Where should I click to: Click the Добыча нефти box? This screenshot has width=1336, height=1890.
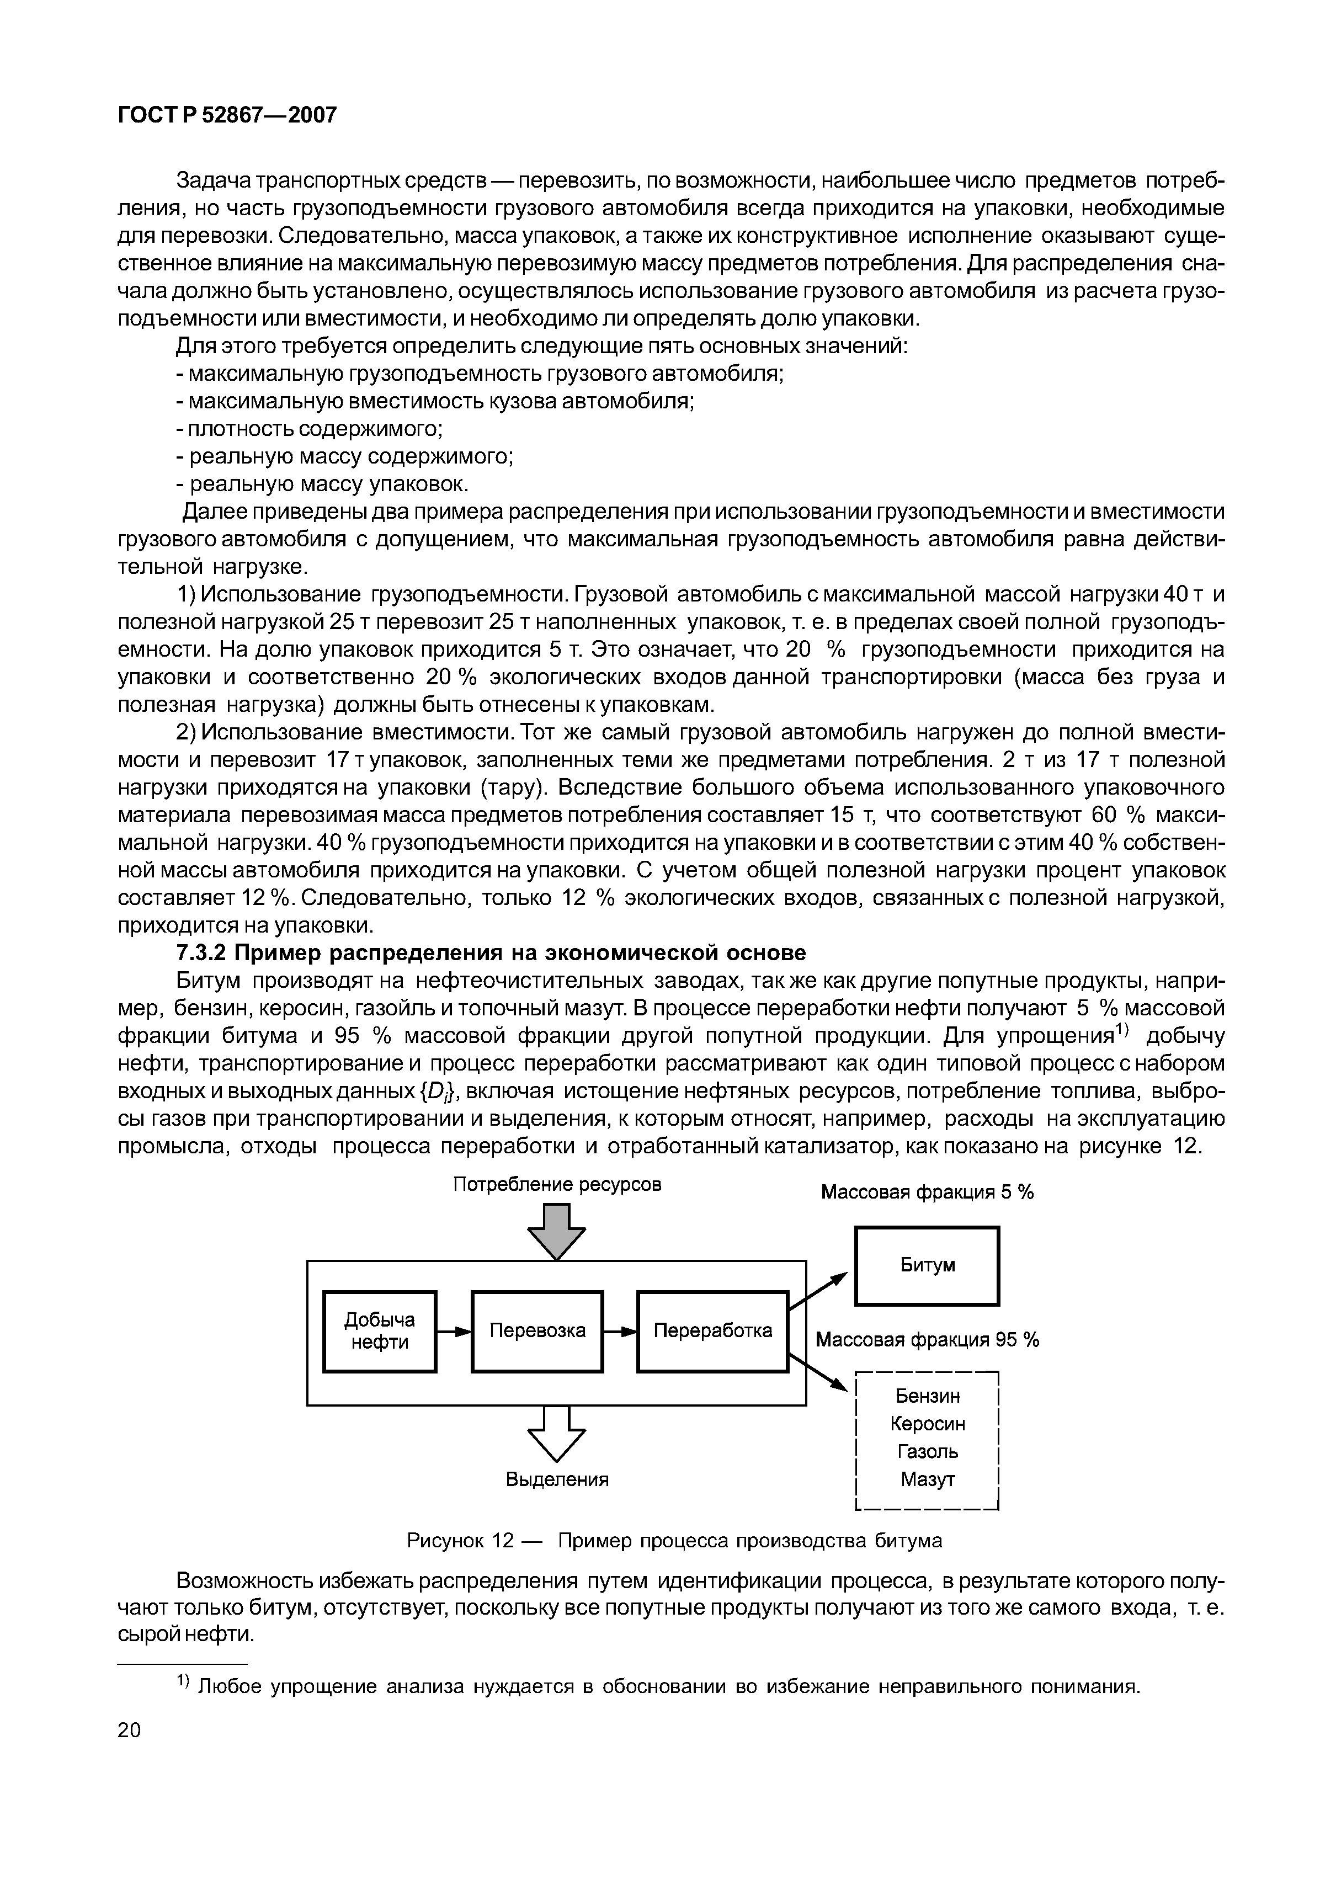[380, 1331]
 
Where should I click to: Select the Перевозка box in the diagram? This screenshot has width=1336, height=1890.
[537, 1331]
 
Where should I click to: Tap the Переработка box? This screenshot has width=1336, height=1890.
[713, 1331]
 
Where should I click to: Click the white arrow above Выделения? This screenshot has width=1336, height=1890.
[556, 1435]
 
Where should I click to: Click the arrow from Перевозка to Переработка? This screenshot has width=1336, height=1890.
[620, 1331]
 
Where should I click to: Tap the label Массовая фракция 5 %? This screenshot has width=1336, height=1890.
[927, 1193]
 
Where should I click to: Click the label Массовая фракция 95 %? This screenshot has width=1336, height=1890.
[927, 1340]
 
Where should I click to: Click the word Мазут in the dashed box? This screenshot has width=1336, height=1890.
[928, 1479]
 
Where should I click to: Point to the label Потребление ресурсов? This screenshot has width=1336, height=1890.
[557, 1185]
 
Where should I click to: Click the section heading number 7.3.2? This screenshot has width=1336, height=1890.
[201, 953]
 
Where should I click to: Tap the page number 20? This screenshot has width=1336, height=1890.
[129, 1731]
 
